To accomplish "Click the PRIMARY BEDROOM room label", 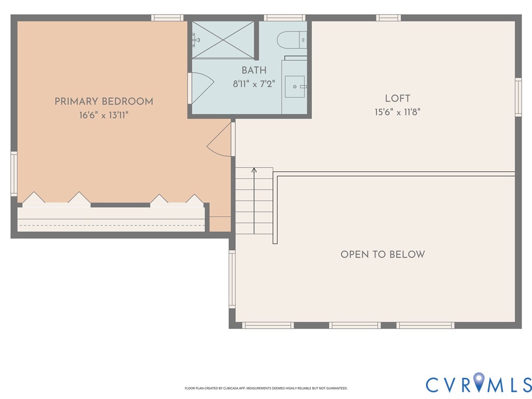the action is [104, 101].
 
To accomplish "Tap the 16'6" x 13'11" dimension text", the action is [104, 115].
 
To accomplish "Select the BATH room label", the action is [254, 70].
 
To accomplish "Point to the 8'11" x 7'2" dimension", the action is [254, 84].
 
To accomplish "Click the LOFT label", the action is [397, 98].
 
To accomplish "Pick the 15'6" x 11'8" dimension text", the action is [397, 112].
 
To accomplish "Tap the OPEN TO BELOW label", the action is [383, 255].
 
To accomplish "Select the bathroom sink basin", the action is [295, 87].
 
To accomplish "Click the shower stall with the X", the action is [223, 39].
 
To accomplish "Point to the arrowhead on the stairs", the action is [254, 170].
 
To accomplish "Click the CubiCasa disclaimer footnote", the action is [266, 388].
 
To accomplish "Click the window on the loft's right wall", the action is [518, 97].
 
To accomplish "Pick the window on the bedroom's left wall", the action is [14, 174].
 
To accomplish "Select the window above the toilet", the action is [285, 18].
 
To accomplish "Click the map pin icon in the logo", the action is [478, 381].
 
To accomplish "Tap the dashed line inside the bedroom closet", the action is [111, 225].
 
